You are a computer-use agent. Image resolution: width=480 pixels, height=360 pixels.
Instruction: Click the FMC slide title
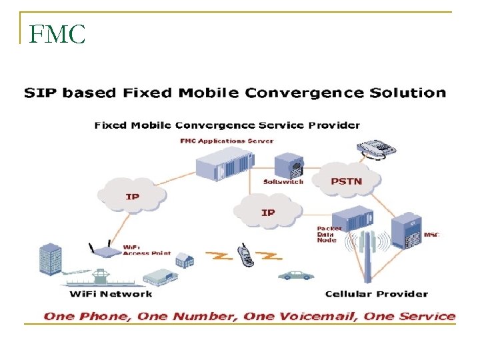tap(58, 34)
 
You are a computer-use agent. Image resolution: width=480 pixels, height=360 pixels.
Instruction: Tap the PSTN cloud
tap(347, 180)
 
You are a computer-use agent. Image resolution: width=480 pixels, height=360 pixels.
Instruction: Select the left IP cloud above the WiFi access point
tap(132, 196)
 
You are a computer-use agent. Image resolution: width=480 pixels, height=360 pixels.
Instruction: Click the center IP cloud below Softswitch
tap(267, 212)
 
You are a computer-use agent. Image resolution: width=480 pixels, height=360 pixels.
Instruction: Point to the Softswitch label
tap(283, 181)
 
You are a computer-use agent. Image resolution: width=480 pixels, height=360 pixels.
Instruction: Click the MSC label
tap(431, 235)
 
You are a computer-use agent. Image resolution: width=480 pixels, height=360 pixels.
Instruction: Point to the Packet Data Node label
tap(329, 234)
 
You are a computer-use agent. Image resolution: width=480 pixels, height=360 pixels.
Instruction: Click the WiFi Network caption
tap(111, 293)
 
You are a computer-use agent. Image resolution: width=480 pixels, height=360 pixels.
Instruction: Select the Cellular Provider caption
tap(376, 293)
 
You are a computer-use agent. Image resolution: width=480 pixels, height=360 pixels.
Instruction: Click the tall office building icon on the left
tap(51, 260)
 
